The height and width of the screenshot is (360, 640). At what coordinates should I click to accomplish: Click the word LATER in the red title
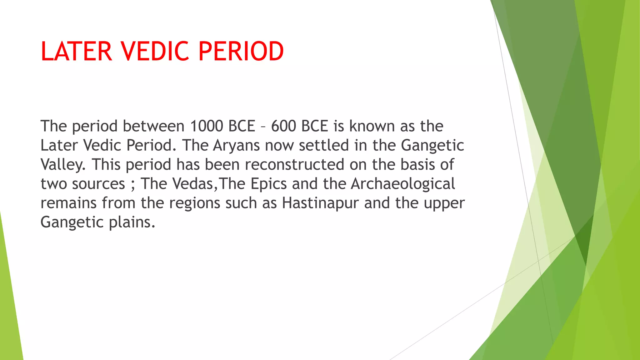(x=76, y=51)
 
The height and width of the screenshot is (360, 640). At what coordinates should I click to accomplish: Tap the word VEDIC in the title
(x=155, y=51)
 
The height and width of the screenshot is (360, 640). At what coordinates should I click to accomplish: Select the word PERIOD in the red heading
(x=241, y=51)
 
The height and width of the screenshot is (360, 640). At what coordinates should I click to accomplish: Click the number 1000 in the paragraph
(x=206, y=126)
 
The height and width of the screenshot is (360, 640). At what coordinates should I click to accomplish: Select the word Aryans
(x=236, y=146)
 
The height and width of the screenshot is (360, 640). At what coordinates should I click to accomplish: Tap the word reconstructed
(x=294, y=165)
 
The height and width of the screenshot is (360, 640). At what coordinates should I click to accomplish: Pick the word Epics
(x=268, y=184)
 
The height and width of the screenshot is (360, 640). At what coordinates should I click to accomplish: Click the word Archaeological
(x=402, y=184)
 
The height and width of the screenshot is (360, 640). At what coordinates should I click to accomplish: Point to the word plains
(x=132, y=222)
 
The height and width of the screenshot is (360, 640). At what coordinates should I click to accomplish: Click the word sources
(x=98, y=184)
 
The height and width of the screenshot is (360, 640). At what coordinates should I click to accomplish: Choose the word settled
(x=324, y=146)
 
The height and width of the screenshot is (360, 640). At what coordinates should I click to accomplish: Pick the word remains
(x=68, y=203)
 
